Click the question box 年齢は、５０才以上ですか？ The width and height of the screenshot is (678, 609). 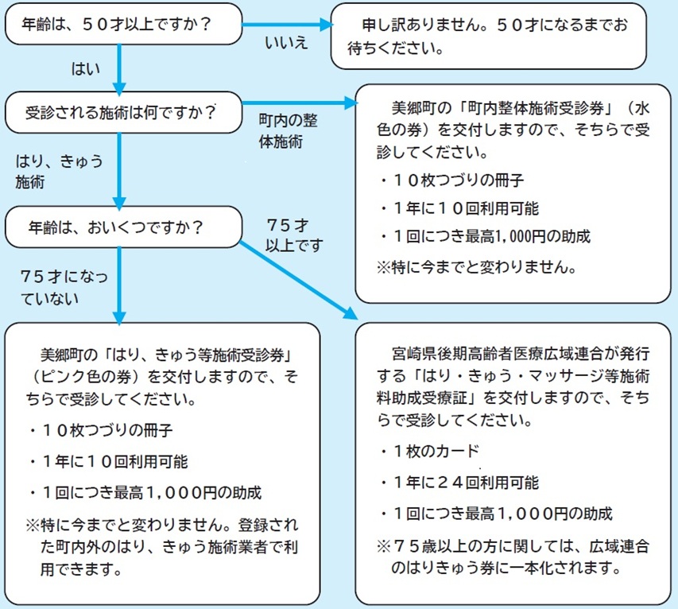point(123,24)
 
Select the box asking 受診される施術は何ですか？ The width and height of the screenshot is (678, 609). point(123,112)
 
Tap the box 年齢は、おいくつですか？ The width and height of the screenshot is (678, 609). point(123,227)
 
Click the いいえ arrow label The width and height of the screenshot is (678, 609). point(286,43)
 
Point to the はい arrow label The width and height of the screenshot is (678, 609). point(86,69)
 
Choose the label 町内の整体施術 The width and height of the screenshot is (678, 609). point(288,130)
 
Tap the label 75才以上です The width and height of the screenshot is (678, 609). point(294,235)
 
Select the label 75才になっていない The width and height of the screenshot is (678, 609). point(64,288)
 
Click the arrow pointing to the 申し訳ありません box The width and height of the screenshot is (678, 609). point(287,25)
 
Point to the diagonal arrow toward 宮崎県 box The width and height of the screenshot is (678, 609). point(298,281)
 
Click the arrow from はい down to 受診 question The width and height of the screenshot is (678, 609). point(119,68)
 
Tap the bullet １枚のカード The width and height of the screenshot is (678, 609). point(430,451)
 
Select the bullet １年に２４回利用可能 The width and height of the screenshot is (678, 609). point(459,483)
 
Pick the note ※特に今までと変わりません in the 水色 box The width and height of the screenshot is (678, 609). point(476,267)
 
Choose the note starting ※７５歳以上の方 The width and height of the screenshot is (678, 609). point(513,557)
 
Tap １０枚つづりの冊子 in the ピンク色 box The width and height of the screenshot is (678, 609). point(101,430)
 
